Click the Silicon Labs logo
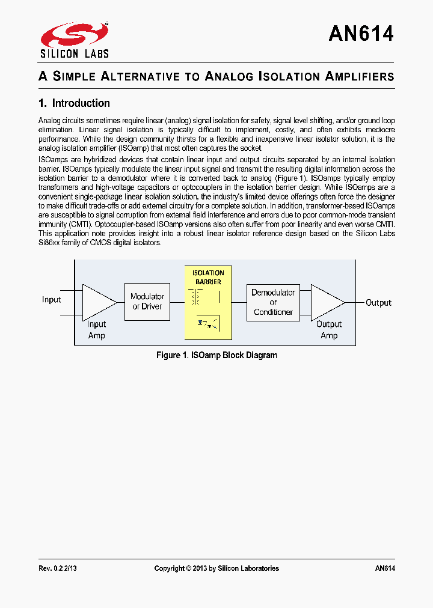(75, 40)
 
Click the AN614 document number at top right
(361, 34)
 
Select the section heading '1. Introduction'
(74, 103)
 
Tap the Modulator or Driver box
(147, 301)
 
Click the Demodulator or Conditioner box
(273, 302)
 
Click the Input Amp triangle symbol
(97, 302)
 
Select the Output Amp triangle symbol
(327, 302)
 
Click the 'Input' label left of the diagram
(51, 300)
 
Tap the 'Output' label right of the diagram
(378, 303)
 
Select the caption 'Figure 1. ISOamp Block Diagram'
(216, 355)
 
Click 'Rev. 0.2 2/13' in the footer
(58, 568)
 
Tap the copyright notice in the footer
(216, 568)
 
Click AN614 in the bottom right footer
(384, 568)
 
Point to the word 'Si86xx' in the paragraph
(49, 242)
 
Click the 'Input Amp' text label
(96, 330)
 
